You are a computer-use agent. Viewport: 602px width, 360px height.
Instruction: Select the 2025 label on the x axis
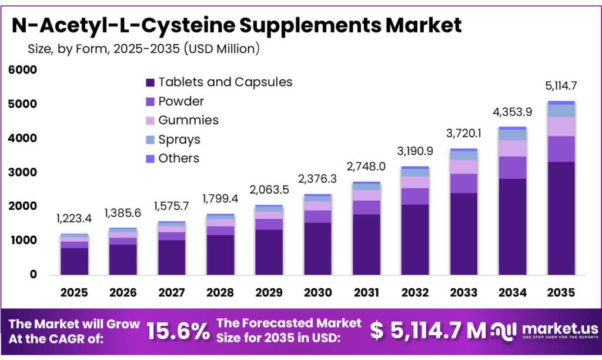[x=74, y=292]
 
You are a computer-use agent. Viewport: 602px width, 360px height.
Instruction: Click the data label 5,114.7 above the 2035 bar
[x=561, y=86]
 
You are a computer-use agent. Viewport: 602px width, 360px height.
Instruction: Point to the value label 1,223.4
[x=74, y=219]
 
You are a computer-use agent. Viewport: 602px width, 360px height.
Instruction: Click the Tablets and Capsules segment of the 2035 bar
[x=561, y=218]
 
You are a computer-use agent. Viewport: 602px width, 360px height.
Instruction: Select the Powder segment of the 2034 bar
[x=512, y=168]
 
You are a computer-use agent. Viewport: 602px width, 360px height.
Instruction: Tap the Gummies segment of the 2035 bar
[x=561, y=126]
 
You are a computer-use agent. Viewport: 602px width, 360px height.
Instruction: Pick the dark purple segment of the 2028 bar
[x=220, y=255]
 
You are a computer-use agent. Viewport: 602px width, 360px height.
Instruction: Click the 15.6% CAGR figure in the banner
[x=178, y=331]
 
